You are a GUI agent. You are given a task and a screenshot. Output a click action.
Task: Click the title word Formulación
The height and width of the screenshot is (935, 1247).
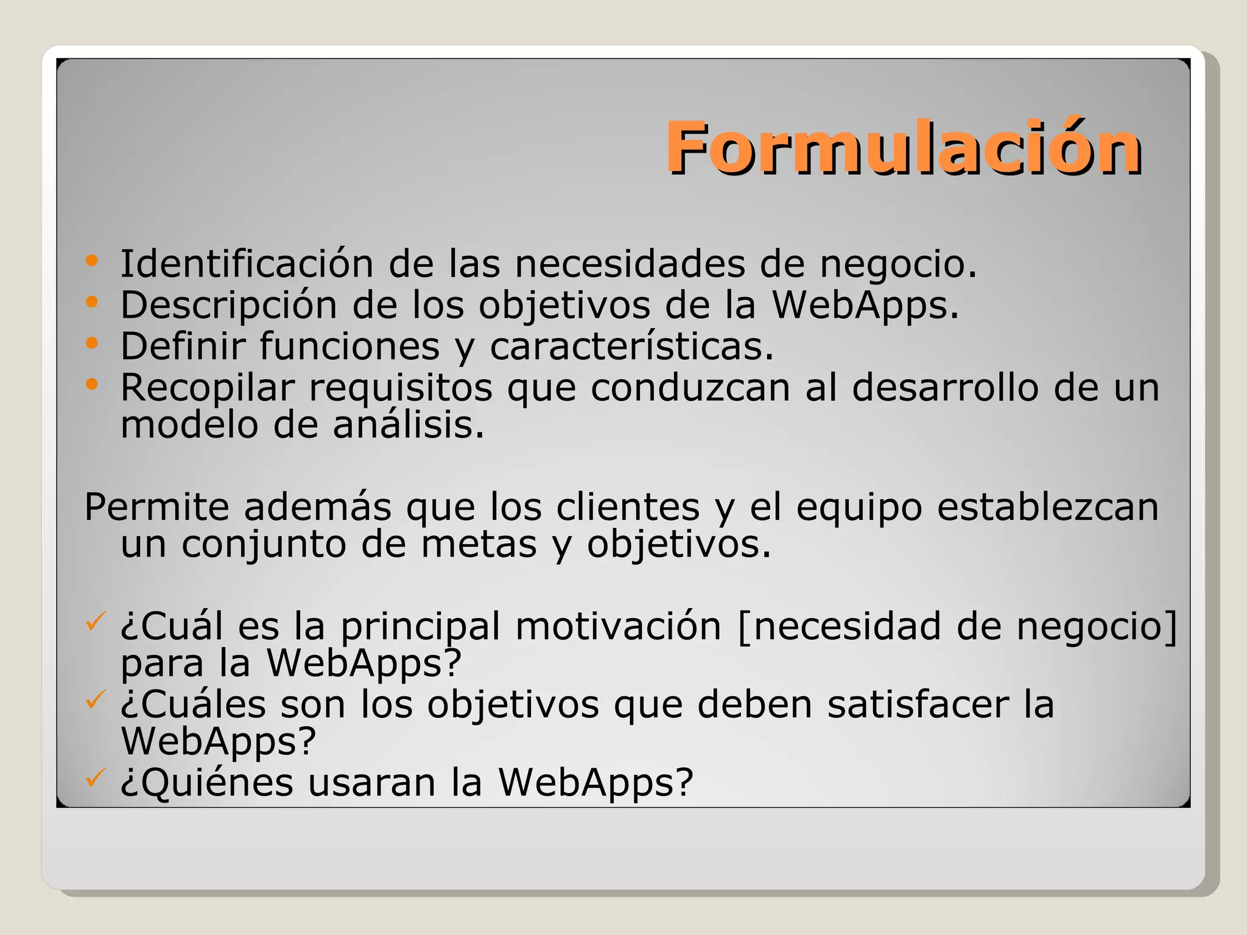904,148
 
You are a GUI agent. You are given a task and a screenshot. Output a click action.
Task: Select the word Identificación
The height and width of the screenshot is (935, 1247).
247,264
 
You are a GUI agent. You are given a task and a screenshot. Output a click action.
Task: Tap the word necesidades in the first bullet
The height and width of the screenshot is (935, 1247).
630,264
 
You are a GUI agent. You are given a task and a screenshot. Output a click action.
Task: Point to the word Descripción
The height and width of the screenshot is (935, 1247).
228,305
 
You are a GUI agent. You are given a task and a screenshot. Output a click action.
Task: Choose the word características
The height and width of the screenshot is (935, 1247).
631,346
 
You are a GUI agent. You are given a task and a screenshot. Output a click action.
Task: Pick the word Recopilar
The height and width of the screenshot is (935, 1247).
208,388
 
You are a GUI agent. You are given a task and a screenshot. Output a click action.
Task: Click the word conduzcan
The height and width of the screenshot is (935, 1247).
690,388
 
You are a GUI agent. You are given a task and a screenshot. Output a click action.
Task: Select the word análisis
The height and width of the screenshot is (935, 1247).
409,424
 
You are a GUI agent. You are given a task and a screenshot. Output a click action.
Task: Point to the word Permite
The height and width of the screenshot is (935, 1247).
156,507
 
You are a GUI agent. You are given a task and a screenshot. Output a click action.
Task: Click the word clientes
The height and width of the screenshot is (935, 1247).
628,507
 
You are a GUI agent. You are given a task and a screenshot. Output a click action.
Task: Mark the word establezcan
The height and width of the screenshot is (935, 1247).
1047,507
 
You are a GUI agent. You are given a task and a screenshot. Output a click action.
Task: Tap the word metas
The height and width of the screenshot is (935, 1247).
479,544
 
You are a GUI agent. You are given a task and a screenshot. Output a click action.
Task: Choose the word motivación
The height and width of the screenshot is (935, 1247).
618,626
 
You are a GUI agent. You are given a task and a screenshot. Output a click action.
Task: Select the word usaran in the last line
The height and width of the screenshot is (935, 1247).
371,782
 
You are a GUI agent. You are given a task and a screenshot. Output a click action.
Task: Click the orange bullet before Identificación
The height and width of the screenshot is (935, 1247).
92,261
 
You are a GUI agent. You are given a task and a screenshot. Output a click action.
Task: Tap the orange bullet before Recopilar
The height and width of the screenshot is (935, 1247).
92,384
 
